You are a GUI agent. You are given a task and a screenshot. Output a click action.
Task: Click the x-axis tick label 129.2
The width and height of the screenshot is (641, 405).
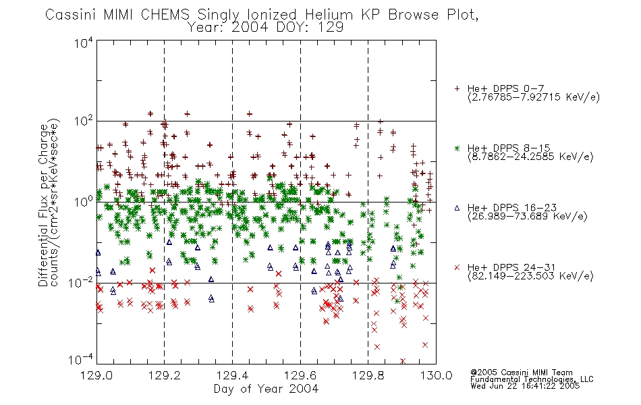pyautogui.click(x=165, y=375)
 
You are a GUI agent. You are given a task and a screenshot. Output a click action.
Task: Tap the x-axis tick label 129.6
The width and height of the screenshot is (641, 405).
pyautogui.click(x=300, y=375)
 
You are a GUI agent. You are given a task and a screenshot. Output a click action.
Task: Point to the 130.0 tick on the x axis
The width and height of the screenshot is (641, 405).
pyautogui.click(x=436, y=375)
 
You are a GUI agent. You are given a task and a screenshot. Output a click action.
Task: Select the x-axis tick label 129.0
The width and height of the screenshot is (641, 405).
pyautogui.click(x=96, y=375)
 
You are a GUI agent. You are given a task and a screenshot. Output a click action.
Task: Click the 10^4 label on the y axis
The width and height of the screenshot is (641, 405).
pyautogui.click(x=84, y=43)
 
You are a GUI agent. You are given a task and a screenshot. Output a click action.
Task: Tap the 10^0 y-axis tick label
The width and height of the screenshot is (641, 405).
pyautogui.click(x=84, y=201)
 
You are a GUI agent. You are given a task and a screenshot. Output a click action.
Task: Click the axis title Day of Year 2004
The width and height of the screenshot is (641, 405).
pyautogui.click(x=266, y=389)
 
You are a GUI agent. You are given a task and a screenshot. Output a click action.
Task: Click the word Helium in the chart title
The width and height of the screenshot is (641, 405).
pyautogui.click(x=329, y=15)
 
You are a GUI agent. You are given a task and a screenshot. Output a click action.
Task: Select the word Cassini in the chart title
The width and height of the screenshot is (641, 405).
pyautogui.click(x=70, y=15)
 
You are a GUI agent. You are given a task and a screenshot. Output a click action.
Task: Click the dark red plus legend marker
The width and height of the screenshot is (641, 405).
pyautogui.click(x=457, y=88)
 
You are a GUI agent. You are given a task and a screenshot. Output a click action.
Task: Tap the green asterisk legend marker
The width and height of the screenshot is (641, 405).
pyautogui.click(x=457, y=148)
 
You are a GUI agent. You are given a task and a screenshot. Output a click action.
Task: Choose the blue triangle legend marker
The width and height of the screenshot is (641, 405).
pyautogui.click(x=457, y=208)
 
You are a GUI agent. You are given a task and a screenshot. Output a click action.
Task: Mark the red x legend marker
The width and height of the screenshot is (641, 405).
pyautogui.click(x=457, y=267)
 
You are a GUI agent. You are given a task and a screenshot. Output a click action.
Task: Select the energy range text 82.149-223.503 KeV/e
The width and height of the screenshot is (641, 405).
pyautogui.click(x=530, y=276)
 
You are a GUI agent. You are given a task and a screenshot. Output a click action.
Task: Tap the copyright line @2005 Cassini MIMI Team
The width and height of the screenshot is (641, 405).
pyautogui.click(x=522, y=373)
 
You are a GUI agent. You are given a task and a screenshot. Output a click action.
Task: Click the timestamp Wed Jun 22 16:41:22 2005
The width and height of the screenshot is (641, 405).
pyautogui.click(x=525, y=386)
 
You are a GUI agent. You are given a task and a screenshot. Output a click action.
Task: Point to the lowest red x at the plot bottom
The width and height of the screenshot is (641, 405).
pyautogui.click(x=403, y=361)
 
